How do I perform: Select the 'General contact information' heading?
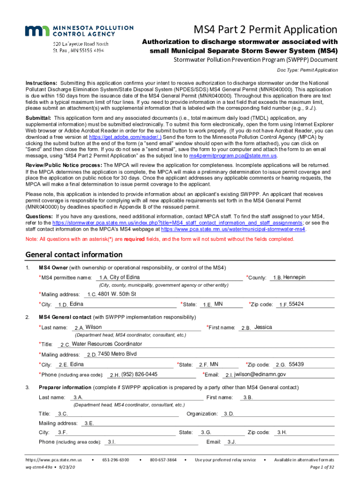pyautogui.click(x=74, y=255)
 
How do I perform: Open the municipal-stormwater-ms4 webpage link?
pyautogui.click(x=233, y=230)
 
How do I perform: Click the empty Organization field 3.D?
pyautogui.click(x=278, y=414)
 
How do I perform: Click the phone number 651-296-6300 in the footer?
pyautogui.click(x=115, y=460)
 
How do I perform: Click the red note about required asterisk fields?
pyautogui.click(x=160, y=239)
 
